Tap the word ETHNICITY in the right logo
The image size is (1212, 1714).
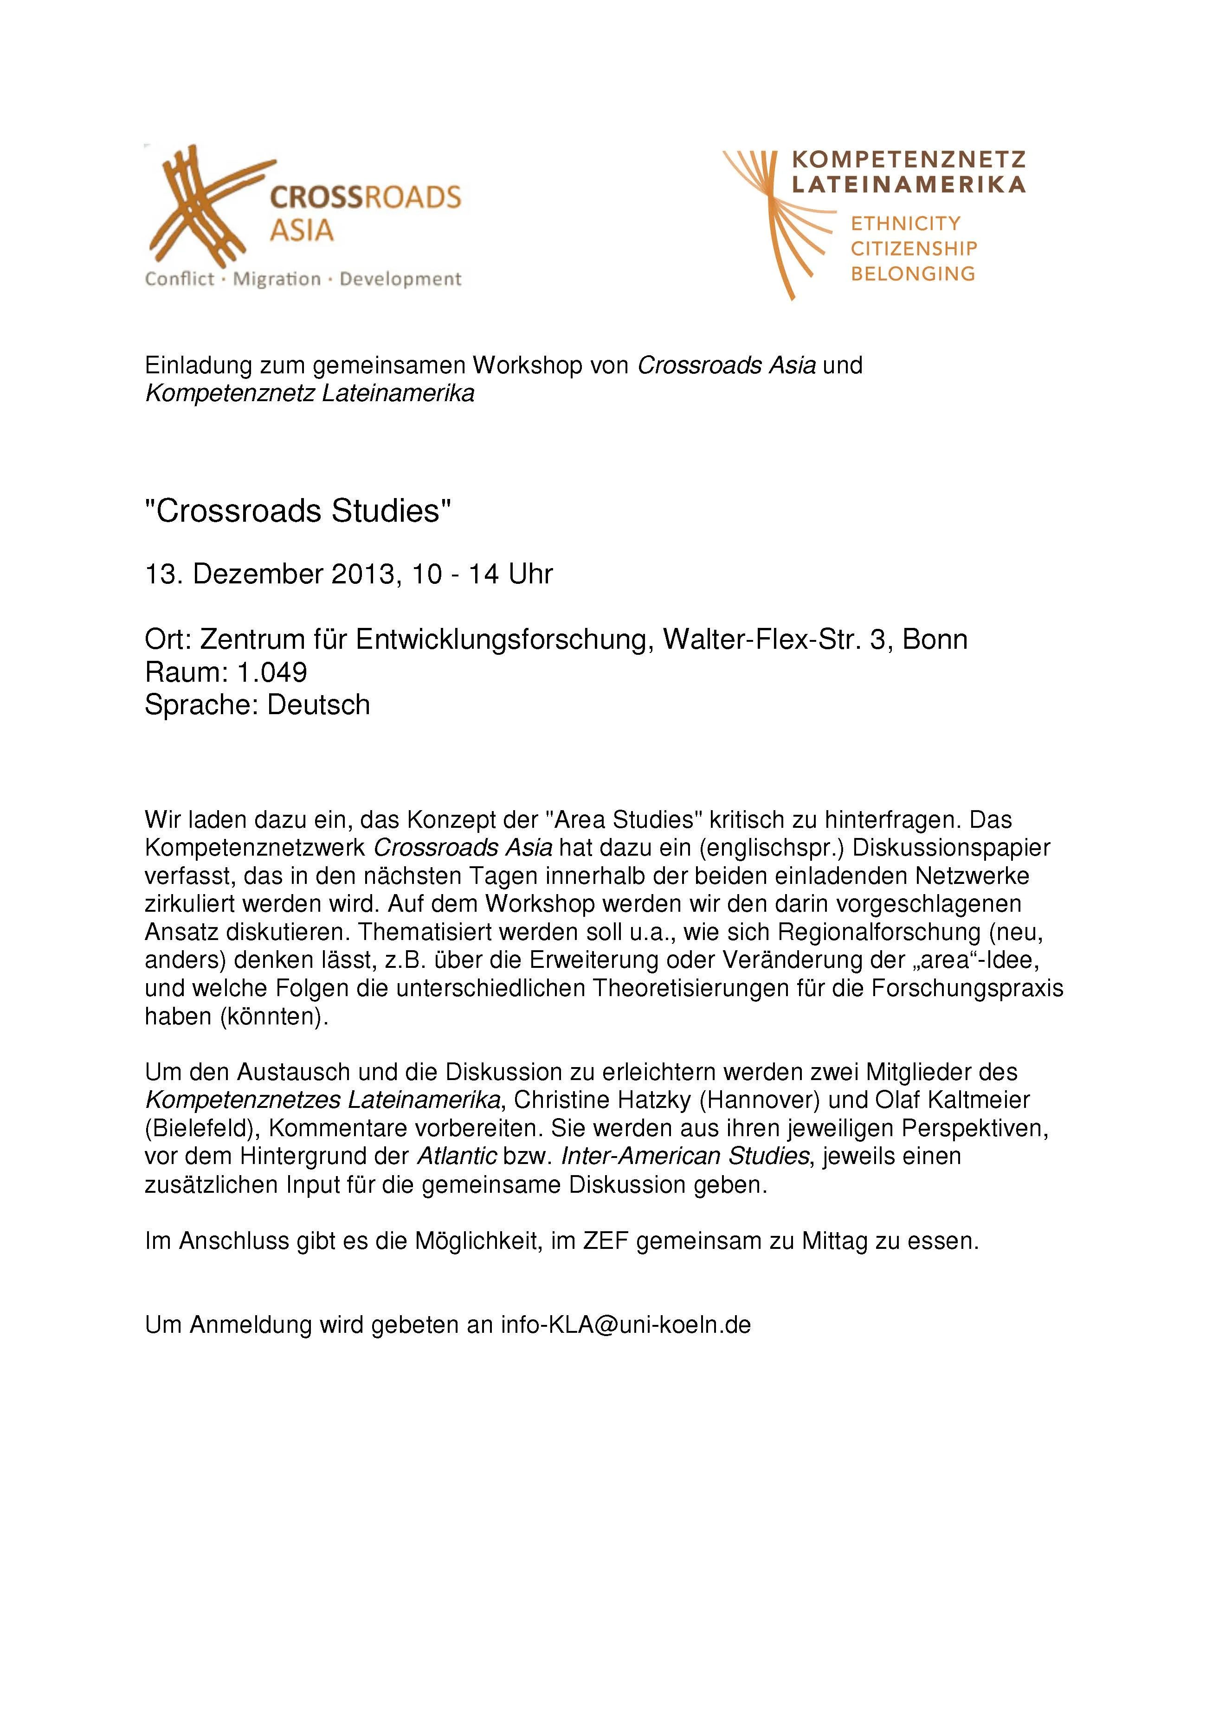coord(905,223)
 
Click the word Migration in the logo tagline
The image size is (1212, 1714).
coord(277,279)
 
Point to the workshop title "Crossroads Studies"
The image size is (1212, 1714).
coord(298,512)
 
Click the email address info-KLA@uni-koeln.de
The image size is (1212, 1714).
coord(626,1325)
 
